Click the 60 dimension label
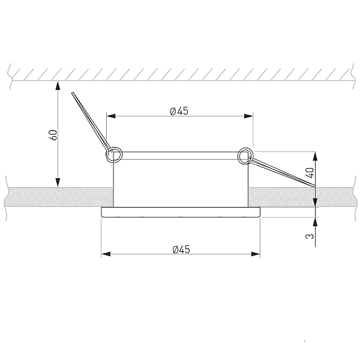(53, 135)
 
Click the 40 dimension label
(310, 173)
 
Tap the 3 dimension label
(310, 236)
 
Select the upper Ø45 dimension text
(179, 111)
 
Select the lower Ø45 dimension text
(181, 250)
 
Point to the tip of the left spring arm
(73, 93)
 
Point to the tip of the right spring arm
(314, 186)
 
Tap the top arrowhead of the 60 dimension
(58, 85)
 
